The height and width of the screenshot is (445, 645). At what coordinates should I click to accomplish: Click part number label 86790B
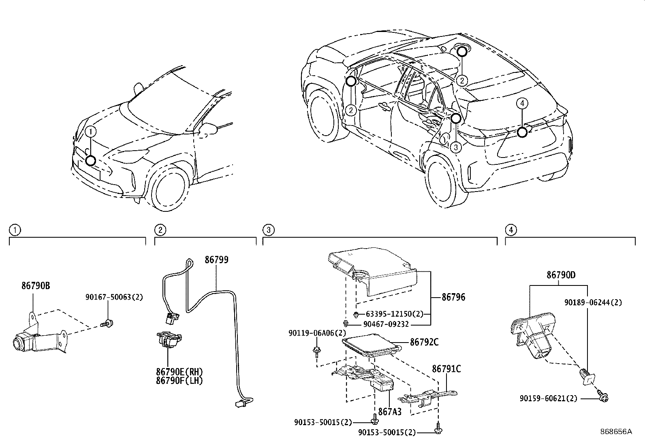click(x=36, y=286)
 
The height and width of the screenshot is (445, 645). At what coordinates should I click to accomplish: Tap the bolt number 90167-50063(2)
click(x=114, y=297)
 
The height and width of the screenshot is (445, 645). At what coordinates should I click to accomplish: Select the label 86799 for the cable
click(x=216, y=260)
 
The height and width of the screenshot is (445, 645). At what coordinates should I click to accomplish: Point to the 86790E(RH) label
click(x=179, y=372)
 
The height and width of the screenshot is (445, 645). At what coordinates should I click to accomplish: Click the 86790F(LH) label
click(x=179, y=381)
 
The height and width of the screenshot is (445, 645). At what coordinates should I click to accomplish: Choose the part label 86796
click(x=453, y=297)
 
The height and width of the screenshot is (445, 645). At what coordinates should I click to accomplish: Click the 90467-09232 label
click(x=386, y=324)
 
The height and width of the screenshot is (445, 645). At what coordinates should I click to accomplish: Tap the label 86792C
click(x=424, y=342)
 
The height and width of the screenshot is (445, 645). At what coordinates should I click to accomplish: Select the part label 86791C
click(x=446, y=369)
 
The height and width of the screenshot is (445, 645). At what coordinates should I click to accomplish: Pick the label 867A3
click(x=389, y=411)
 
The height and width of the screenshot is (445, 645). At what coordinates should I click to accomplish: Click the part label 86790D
click(x=561, y=275)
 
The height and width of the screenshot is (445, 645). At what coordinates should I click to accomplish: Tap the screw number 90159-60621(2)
click(x=549, y=398)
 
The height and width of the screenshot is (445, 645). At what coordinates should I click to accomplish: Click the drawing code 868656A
click(x=616, y=432)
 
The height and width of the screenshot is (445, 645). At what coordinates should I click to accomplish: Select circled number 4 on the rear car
click(x=522, y=104)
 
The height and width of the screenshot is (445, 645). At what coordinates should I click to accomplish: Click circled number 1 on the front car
click(x=91, y=131)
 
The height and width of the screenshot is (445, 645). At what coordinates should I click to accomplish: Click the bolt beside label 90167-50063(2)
click(x=108, y=323)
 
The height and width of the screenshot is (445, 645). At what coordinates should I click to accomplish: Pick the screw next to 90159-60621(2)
click(x=603, y=398)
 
